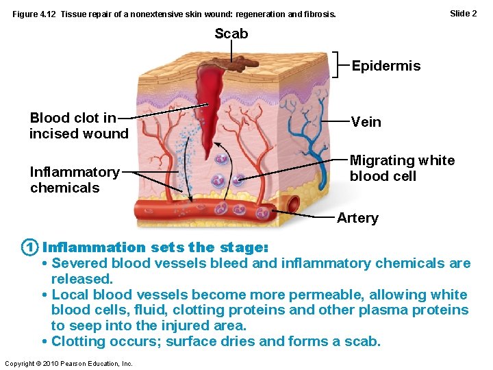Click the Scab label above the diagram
[231, 34]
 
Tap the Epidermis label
[385, 66]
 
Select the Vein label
[366, 122]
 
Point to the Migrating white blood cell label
[401, 168]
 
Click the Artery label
[357, 218]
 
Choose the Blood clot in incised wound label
[78, 126]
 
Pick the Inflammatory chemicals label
[74, 180]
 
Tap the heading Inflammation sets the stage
[155, 247]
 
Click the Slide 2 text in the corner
[463, 13]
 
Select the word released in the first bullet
[81, 279]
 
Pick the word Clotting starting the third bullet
[78, 341]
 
